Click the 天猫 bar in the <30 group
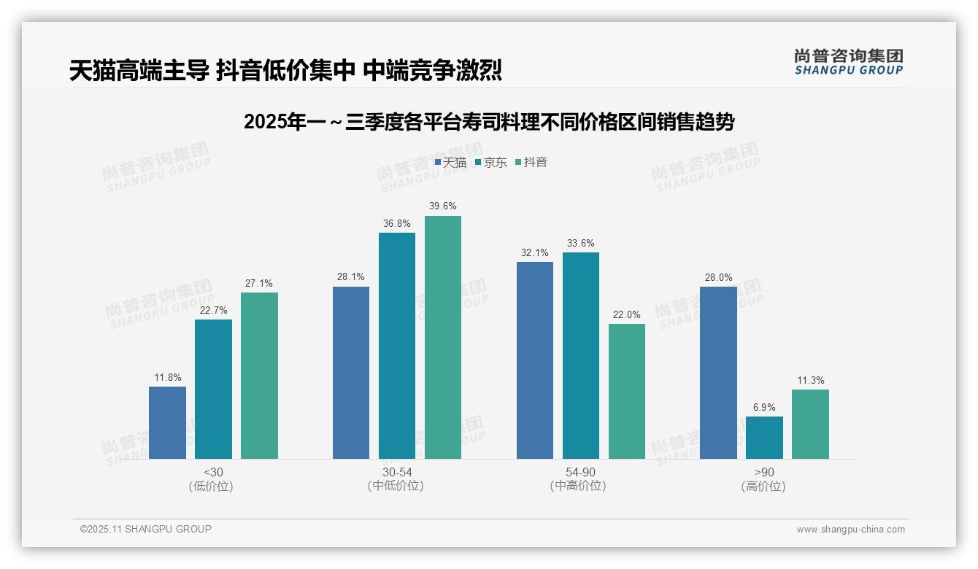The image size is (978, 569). [167, 422]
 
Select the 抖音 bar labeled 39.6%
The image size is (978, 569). [443, 337]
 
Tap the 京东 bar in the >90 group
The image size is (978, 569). [764, 438]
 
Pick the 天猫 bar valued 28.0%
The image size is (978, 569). [718, 373]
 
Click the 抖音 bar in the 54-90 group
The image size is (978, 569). [627, 391]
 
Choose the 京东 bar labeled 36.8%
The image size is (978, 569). [397, 346]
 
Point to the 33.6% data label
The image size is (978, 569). [580, 244]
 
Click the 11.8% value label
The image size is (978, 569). [167, 378]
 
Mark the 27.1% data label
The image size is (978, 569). [259, 284]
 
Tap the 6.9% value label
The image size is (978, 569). [764, 408]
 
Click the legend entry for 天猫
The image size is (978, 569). [450, 163]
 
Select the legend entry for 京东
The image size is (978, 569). [490, 163]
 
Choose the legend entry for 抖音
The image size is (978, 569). [531, 163]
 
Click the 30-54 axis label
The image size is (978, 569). [397, 472]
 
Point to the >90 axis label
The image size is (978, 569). [764, 472]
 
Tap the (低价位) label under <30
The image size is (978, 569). [211, 486]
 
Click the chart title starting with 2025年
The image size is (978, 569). [489, 122]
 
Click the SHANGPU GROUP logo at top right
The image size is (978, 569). [848, 62]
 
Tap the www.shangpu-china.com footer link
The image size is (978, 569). [850, 530]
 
